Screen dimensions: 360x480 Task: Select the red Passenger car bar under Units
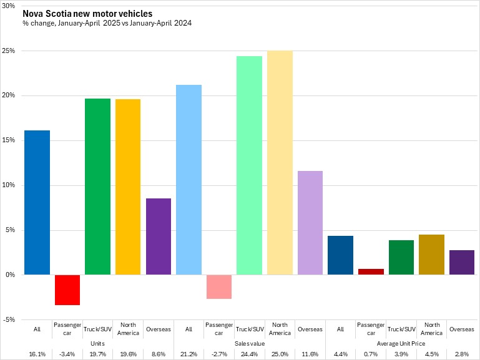click(67, 289)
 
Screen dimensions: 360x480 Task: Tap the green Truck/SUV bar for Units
click(97, 187)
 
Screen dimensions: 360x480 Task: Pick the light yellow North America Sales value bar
click(280, 162)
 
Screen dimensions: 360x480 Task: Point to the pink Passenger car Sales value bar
click(219, 286)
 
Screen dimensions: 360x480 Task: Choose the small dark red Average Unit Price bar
click(371, 271)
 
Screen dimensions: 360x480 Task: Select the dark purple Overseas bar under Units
click(158, 236)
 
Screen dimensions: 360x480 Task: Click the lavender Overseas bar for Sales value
click(310, 223)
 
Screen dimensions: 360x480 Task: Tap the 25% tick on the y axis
click(9, 51)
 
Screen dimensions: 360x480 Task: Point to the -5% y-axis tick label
click(9, 319)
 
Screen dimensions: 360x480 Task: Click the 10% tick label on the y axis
click(9, 185)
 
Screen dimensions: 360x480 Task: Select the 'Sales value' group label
click(249, 343)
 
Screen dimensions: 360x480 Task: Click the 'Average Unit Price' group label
click(401, 343)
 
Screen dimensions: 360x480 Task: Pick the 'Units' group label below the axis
click(97, 343)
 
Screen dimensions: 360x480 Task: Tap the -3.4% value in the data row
click(67, 354)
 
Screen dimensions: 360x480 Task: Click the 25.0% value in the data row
click(280, 354)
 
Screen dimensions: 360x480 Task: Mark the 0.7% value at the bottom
click(371, 354)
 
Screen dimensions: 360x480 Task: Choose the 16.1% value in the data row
click(37, 354)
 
